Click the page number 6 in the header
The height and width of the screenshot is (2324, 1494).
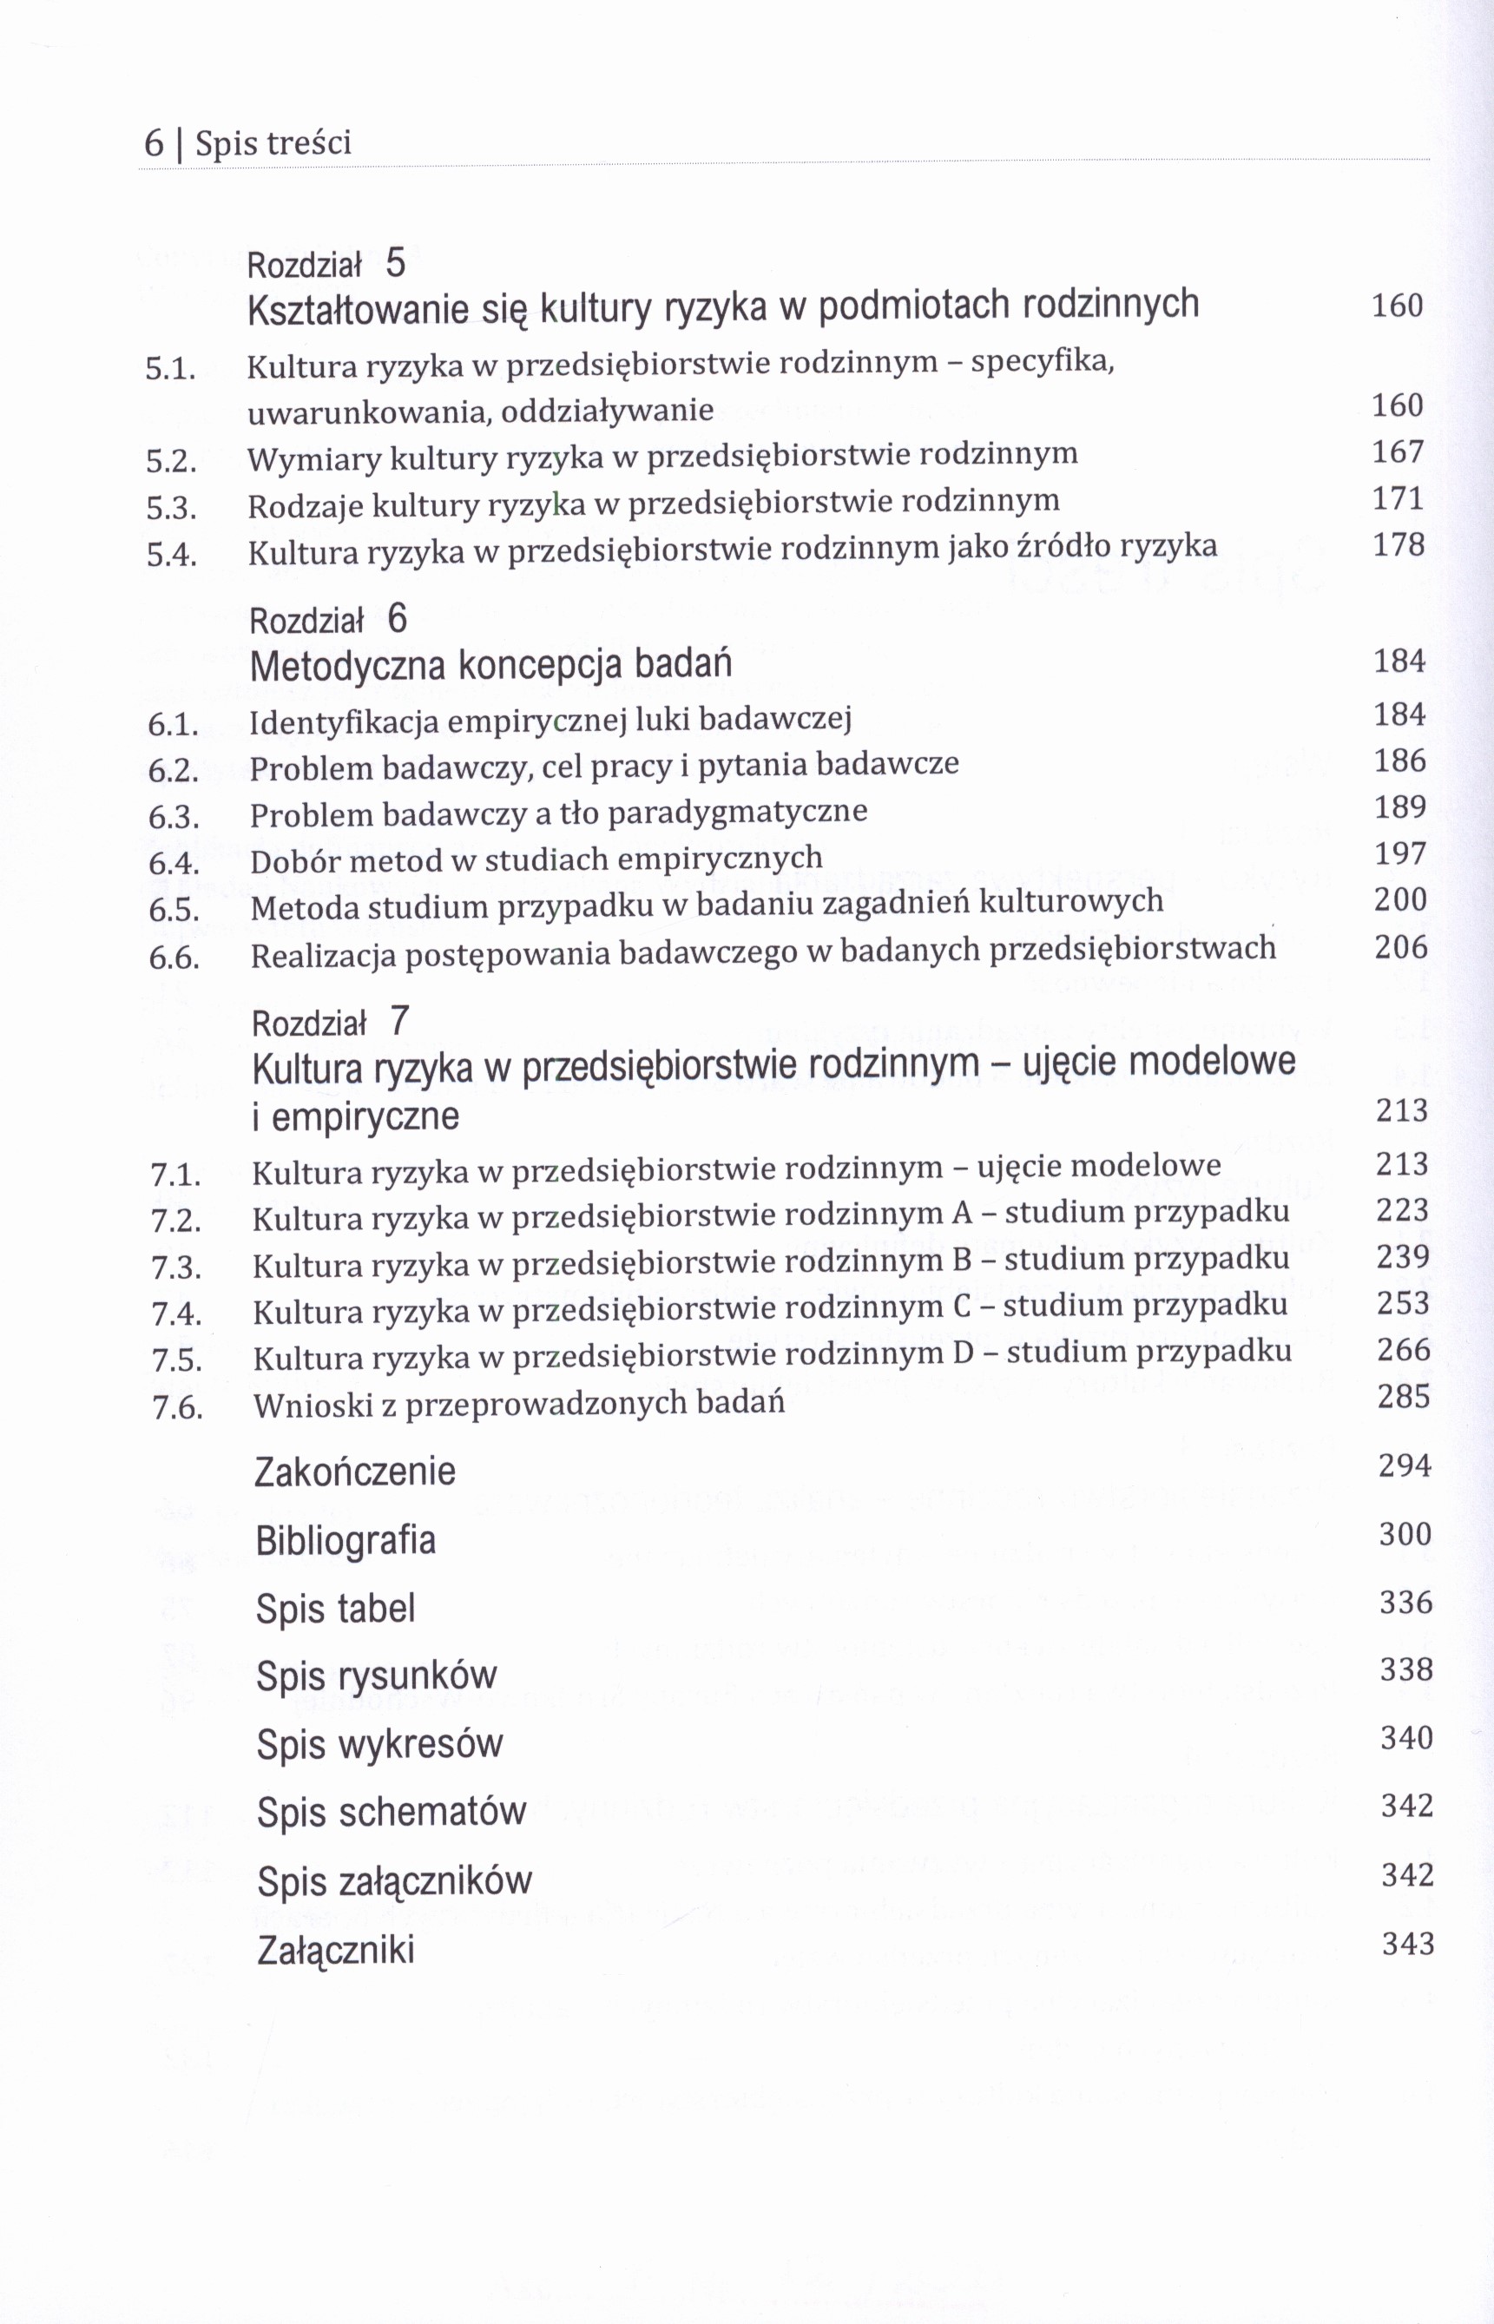(x=154, y=143)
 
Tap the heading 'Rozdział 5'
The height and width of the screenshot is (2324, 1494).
(x=327, y=263)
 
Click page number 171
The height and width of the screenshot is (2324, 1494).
(x=1398, y=498)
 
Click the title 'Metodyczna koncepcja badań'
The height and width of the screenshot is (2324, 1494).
(x=490, y=665)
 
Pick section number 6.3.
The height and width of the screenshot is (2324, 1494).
(x=174, y=817)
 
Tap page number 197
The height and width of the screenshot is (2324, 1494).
(x=1401, y=853)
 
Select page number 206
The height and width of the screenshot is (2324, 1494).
(x=1401, y=946)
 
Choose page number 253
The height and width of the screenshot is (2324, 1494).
(x=1403, y=1303)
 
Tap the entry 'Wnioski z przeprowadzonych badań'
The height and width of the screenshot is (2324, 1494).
(x=519, y=1404)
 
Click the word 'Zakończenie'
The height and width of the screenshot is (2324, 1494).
(x=355, y=1471)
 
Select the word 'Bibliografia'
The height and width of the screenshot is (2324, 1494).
(x=346, y=1540)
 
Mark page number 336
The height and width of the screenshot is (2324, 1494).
(x=1405, y=1602)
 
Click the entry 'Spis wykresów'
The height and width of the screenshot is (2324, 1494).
(x=380, y=1744)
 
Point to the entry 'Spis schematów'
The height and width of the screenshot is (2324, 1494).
(x=392, y=1812)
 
